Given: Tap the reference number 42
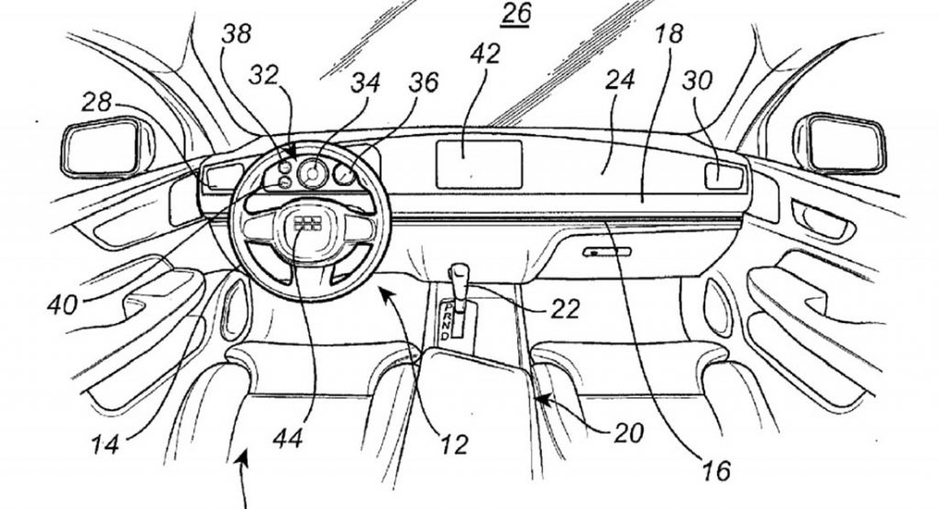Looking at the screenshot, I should pyautogui.click(x=486, y=54).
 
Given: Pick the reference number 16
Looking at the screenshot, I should pyautogui.click(x=718, y=471).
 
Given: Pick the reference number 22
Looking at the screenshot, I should pyautogui.click(x=567, y=309).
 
